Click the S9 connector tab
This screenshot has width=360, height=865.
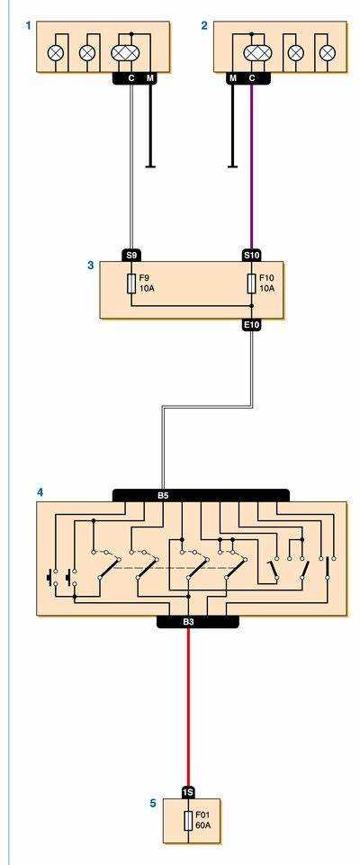[x=131, y=256]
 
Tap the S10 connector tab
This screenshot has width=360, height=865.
[x=252, y=256]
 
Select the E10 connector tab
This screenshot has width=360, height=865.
[x=252, y=325]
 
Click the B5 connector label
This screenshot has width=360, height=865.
[x=163, y=496]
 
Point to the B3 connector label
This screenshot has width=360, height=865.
[x=188, y=622]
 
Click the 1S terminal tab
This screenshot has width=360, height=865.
[x=188, y=793]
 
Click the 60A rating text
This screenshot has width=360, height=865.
[x=203, y=825]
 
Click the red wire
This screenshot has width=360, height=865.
[x=188, y=707]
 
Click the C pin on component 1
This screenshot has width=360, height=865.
[x=131, y=79]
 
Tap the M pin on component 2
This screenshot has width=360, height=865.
[x=232, y=79]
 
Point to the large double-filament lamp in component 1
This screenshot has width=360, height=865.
[x=125, y=52]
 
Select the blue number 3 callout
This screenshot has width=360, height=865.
[x=90, y=266]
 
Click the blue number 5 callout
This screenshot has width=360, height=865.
[x=153, y=803]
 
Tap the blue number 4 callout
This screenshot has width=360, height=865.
[x=40, y=491]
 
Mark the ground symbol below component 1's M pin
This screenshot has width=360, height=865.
[x=150, y=166]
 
